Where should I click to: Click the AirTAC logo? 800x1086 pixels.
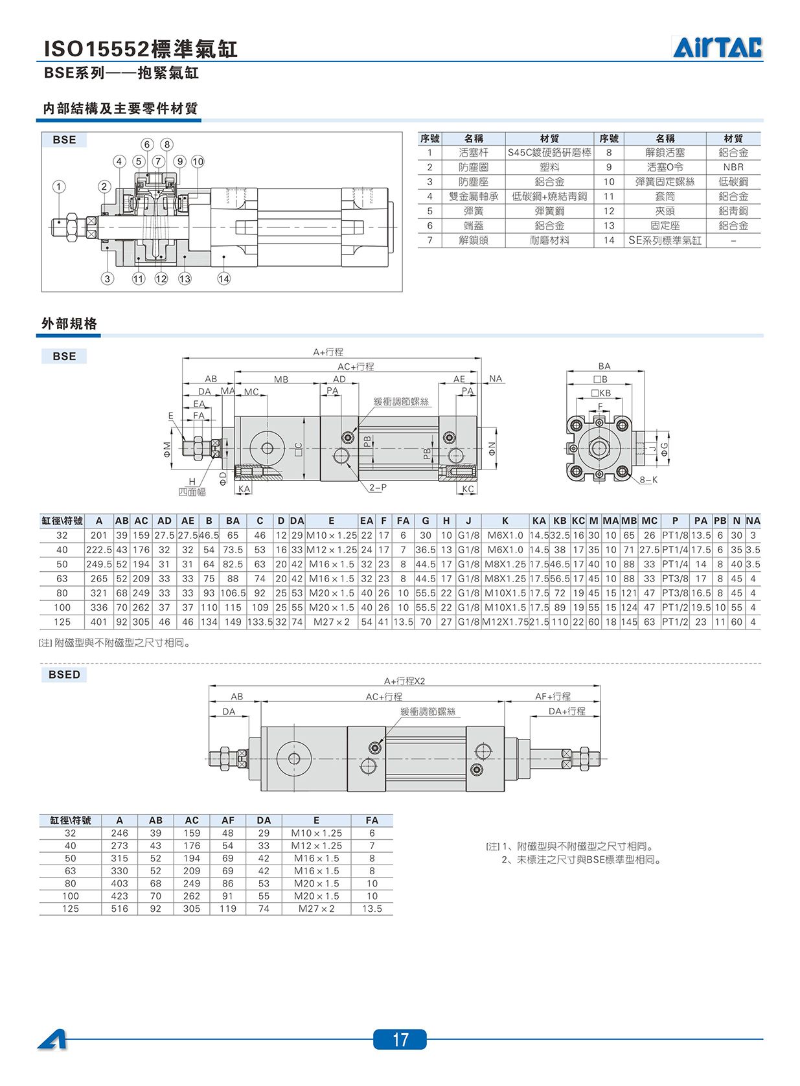click(x=717, y=47)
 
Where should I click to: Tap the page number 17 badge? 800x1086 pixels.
click(x=400, y=1039)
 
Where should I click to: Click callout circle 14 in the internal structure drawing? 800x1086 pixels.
click(x=223, y=278)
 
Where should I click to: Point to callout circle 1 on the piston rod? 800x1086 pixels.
click(x=59, y=187)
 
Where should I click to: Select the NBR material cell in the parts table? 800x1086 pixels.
click(x=733, y=167)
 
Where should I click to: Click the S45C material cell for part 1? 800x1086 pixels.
click(x=549, y=153)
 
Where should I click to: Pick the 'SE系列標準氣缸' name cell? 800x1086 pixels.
click(x=665, y=240)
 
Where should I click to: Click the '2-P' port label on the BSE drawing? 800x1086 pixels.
click(x=378, y=487)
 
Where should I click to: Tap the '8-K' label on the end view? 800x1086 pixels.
click(x=648, y=480)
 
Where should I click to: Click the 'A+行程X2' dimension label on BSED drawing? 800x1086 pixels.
click(x=404, y=681)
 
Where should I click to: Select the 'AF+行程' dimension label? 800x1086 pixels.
click(x=553, y=696)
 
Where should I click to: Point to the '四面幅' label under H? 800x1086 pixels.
click(x=192, y=492)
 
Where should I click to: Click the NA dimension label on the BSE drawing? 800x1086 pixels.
click(x=496, y=378)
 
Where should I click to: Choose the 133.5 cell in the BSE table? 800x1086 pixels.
click(x=260, y=622)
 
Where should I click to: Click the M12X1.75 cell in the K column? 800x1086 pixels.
click(x=505, y=622)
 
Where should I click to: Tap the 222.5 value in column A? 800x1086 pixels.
click(x=99, y=550)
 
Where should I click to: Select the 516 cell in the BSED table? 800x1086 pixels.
click(x=119, y=909)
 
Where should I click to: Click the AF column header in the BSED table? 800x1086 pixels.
click(x=228, y=820)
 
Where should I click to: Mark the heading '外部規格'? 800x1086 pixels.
click(x=69, y=324)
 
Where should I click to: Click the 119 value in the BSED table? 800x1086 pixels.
click(x=228, y=909)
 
